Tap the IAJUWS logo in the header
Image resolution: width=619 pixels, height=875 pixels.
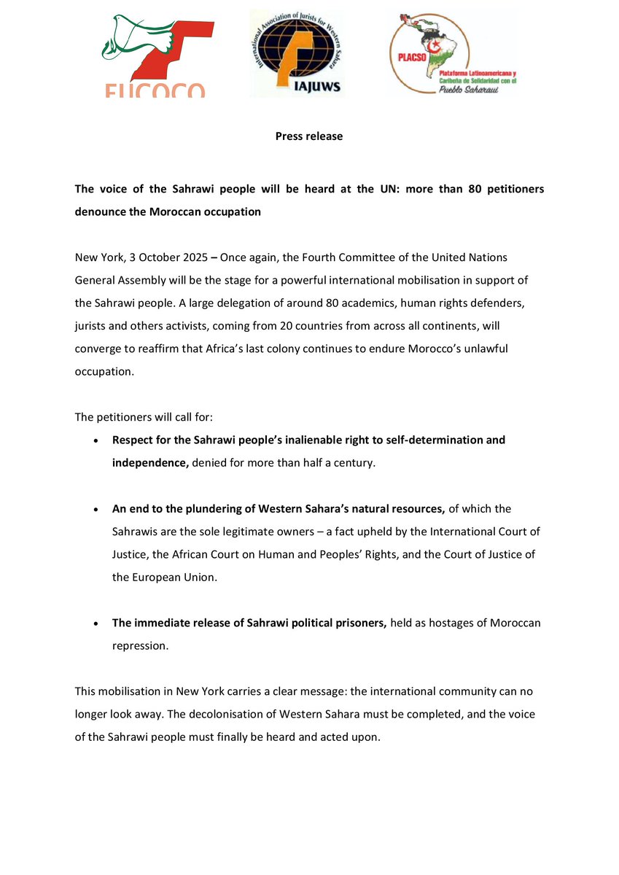coord(296,53)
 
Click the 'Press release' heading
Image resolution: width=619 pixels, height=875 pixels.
coord(309,136)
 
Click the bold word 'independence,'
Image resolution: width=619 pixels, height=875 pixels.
coord(150,463)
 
